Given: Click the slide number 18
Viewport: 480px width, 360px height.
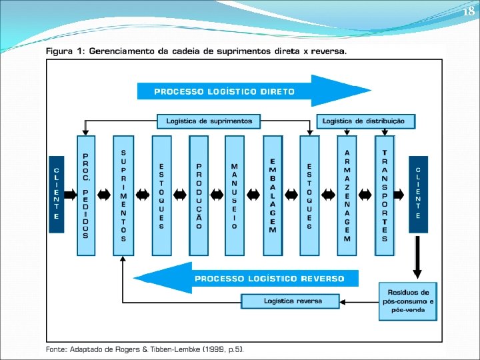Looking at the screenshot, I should coord(469,11).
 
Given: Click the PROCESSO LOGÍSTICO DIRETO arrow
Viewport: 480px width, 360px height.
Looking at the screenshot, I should coord(253,91).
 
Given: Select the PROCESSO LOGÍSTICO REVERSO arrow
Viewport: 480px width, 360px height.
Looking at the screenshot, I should coord(247,278).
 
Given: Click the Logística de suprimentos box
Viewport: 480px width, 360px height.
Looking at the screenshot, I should coord(209,121).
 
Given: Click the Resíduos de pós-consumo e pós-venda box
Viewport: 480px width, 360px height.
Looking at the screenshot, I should coord(409,301).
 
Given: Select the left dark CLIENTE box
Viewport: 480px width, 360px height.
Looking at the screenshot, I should coord(56,194).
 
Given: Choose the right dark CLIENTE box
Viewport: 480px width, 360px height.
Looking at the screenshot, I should coord(418,194).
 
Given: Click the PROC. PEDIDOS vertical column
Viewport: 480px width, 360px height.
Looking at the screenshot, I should coord(86,195).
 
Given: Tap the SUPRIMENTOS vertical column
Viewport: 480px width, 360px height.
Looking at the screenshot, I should coord(123,195).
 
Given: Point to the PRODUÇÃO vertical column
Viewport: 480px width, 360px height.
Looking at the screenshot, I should coord(199,195).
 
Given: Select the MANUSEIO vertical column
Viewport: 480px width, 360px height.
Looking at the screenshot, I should coord(235,195).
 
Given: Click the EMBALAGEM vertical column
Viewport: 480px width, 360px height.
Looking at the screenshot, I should coord(272,195).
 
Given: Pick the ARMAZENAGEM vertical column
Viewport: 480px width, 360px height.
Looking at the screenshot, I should coord(347,195).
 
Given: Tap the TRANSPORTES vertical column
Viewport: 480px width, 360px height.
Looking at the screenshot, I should coord(385,195).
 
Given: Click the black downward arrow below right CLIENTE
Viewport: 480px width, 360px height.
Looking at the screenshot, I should coord(418,257).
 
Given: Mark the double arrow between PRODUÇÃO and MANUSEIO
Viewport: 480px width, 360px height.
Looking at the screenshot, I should coord(217,195).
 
